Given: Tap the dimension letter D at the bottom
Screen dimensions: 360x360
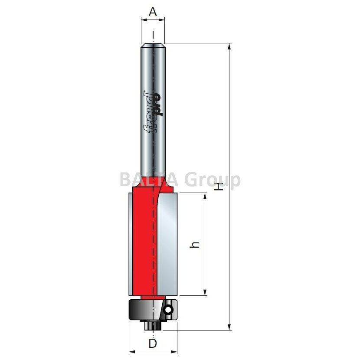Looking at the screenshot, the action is click(x=153, y=344).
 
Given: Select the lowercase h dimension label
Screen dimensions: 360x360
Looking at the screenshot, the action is click(x=194, y=245).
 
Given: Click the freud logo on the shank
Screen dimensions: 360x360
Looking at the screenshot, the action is click(x=153, y=112).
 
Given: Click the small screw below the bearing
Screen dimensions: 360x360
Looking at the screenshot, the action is click(x=153, y=325).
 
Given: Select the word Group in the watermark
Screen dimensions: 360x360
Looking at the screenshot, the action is click(x=213, y=180).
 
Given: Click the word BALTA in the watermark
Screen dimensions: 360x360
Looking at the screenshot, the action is click(x=149, y=180).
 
